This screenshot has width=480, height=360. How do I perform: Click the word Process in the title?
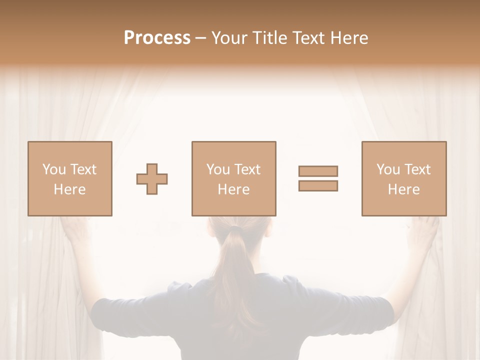tap(157, 38)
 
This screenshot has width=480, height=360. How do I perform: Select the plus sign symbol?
tap(152, 179)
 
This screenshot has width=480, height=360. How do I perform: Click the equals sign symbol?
tap(318, 178)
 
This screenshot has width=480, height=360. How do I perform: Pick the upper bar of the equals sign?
tap(318, 171)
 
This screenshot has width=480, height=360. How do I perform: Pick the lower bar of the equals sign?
tap(318, 185)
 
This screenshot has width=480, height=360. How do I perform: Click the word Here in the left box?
tap(69, 189)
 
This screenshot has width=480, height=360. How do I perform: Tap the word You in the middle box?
tap(218, 169)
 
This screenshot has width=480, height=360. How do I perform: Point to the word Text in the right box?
tap(417, 169)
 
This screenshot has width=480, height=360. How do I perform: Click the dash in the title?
tap(200, 38)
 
